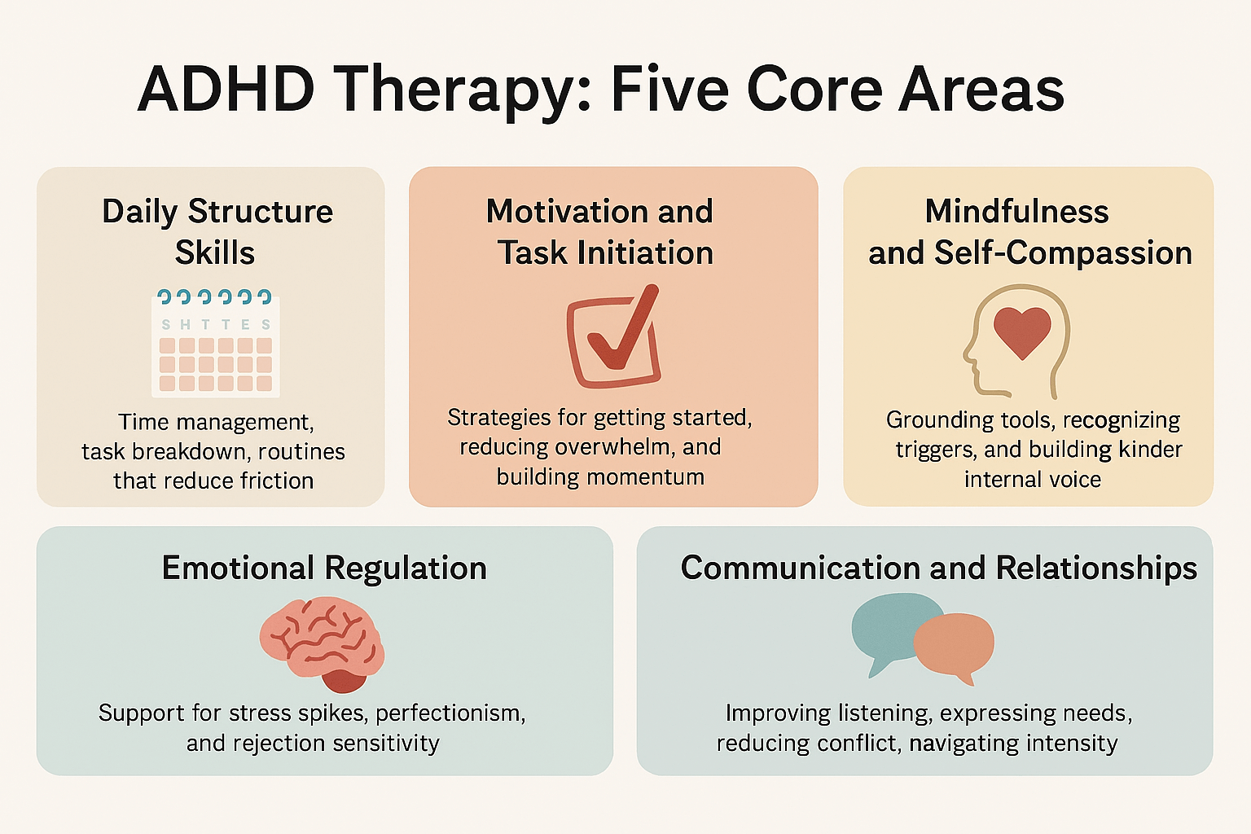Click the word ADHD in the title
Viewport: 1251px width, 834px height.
pyautogui.click(x=226, y=89)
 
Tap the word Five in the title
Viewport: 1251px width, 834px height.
pyautogui.click(x=669, y=89)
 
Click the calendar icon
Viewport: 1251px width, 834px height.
pyautogui.click(x=216, y=343)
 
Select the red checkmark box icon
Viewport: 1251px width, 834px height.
pyautogui.click(x=613, y=338)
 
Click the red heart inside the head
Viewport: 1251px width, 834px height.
pyautogui.click(x=1022, y=331)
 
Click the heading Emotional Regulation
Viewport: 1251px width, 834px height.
pyautogui.click(x=324, y=568)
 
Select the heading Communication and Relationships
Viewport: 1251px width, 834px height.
pyautogui.click(x=938, y=568)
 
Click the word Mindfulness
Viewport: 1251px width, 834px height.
pyautogui.click(x=1016, y=212)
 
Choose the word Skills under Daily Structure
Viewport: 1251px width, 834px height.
pyautogui.click(x=215, y=252)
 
